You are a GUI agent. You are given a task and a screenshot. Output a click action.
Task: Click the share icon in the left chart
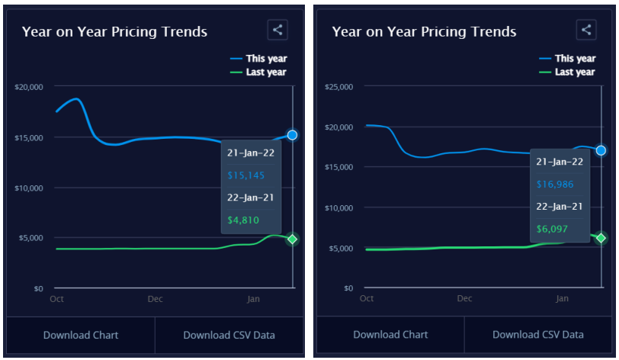277,30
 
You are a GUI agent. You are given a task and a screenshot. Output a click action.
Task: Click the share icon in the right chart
586,30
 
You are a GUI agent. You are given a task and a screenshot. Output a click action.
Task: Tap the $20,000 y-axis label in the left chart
29,87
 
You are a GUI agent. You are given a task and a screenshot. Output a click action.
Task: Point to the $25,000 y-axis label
338,87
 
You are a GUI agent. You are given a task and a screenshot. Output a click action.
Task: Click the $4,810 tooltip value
245,220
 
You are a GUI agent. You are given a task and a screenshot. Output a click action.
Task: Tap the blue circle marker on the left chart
292,135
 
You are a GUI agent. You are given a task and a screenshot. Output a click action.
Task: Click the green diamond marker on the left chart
292,239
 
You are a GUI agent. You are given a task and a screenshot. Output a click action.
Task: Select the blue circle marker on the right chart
601,150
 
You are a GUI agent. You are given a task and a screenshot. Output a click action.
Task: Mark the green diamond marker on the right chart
601,238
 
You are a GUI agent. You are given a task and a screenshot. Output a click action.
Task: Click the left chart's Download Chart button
81,335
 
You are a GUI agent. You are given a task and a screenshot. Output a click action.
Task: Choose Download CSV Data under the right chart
538,335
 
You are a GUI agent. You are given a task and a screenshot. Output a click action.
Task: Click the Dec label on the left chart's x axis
156,299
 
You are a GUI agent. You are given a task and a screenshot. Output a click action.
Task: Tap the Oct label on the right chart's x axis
367,299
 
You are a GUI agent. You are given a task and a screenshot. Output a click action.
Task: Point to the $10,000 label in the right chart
338,208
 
